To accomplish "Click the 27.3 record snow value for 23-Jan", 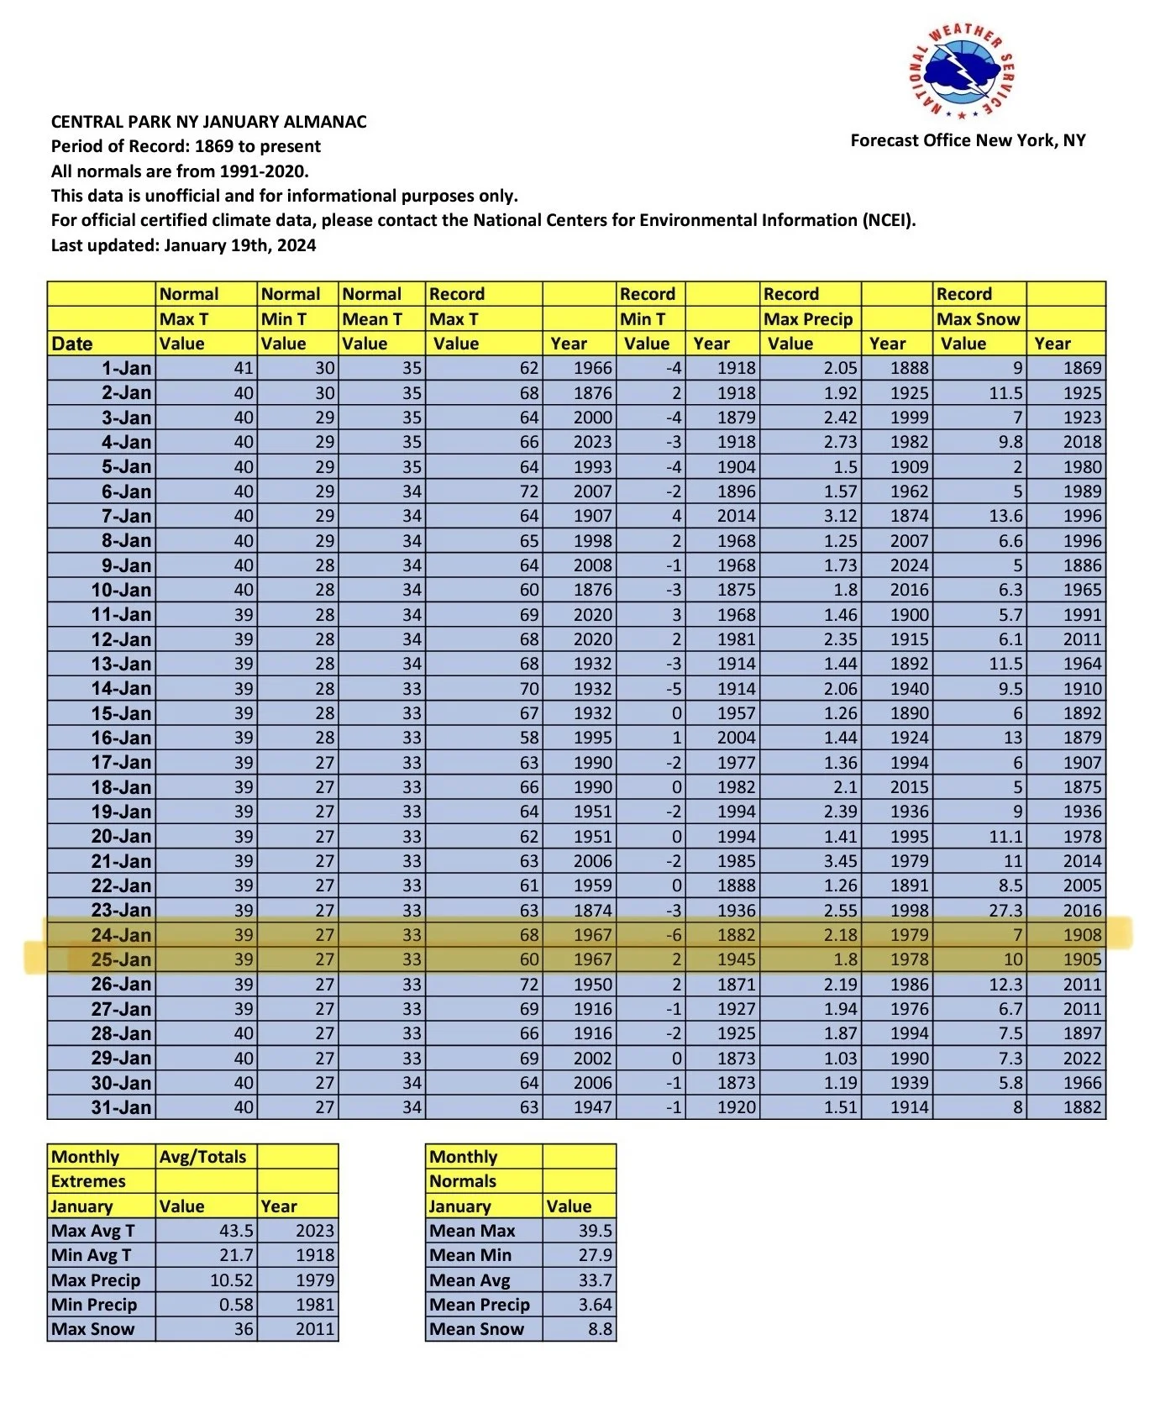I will (1005, 911).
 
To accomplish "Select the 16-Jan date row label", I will (121, 738).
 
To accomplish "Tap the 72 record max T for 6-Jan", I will (528, 491).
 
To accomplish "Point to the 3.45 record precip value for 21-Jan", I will (840, 861).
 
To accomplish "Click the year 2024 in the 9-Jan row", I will (909, 565).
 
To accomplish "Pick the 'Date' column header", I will (72, 344).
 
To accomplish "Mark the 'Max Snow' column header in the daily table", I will (979, 319).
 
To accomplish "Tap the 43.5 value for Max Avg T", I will (236, 1231).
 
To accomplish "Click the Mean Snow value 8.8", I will (600, 1329).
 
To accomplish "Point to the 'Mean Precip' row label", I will (479, 1305).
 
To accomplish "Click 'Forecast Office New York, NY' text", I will (968, 140).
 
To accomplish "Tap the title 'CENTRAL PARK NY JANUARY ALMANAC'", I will (208, 122).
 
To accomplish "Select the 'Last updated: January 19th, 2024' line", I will (183, 245).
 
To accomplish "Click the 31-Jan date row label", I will (121, 1107).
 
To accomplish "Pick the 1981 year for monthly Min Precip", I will (314, 1305).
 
